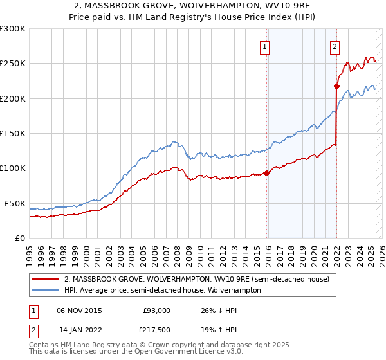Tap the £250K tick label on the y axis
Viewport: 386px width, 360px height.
13,64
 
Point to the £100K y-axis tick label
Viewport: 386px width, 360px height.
13,168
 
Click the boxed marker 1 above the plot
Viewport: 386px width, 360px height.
265,46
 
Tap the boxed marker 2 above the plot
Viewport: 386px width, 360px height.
335,46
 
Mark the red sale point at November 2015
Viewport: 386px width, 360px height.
267,173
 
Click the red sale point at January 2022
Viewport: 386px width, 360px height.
336,86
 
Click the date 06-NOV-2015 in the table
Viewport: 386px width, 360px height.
79,310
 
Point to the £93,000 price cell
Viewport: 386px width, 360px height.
157,310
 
